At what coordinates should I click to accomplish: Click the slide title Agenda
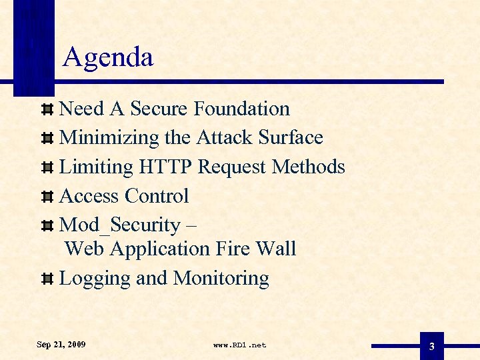point(108,58)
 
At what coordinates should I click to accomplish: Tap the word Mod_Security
point(120,226)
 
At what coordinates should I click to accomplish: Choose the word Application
point(160,249)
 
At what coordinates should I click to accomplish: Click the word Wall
point(278,249)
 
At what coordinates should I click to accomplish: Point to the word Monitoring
point(221,279)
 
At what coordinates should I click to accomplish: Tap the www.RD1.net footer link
point(239,345)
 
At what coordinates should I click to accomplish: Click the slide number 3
point(432,347)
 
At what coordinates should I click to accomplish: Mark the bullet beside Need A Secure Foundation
point(47,109)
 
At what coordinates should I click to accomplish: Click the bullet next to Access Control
point(47,197)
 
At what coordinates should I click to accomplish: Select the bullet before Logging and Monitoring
point(47,279)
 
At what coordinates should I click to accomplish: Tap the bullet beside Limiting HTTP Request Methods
point(47,167)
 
